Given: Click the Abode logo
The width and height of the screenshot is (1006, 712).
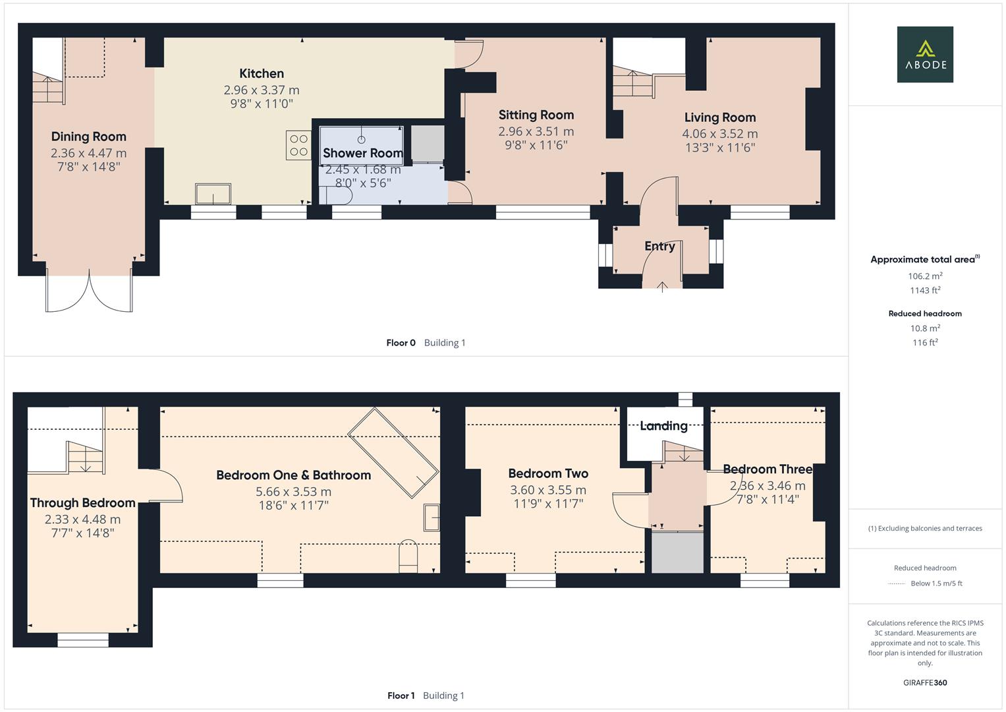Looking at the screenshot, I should point(924,54).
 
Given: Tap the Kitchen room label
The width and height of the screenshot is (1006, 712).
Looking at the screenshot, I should point(262,74).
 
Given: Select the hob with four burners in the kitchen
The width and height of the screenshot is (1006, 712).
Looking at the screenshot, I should point(298,145).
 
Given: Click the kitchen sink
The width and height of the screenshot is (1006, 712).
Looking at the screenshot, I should point(213,194).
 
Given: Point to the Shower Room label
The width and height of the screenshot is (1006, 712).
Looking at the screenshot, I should point(362,153).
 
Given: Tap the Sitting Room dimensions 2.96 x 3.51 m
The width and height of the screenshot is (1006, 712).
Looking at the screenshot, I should point(536,131).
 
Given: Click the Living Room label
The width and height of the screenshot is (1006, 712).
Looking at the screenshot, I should point(719,117).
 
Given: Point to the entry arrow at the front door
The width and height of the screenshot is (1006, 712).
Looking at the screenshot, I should point(662,285).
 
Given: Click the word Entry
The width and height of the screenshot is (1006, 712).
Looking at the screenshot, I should point(659,246).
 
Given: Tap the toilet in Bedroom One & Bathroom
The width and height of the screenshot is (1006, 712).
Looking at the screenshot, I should point(408,555).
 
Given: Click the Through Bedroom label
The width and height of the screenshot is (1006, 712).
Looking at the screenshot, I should point(82,503).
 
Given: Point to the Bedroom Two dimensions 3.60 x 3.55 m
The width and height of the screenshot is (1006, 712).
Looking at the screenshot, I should point(547,490).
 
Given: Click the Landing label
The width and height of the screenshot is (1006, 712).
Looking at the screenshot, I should point(663,426).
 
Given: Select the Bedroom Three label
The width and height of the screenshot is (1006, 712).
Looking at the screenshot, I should point(768,469).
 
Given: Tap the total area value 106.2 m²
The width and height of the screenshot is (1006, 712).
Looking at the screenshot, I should point(925,276).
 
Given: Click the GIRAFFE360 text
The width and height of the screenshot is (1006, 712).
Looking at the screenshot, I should point(925,682).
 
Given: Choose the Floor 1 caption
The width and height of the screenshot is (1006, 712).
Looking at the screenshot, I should point(401,696).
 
